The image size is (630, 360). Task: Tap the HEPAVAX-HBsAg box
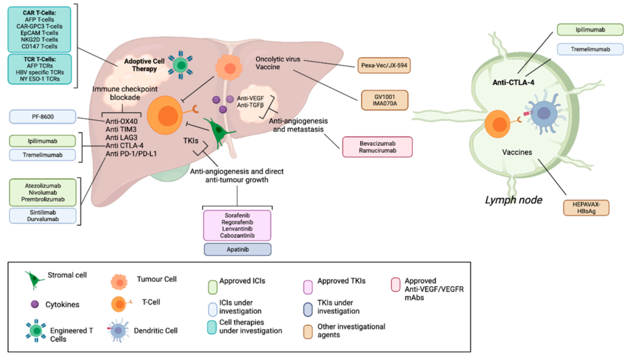pyautogui.click(x=587, y=208)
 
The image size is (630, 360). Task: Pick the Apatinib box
pyautogui.click(x=237, y=249)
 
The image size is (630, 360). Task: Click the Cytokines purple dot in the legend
pyautogui.click(x=35, y=304)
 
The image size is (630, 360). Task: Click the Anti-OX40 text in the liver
pyautogui.click(x=122, y=121)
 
